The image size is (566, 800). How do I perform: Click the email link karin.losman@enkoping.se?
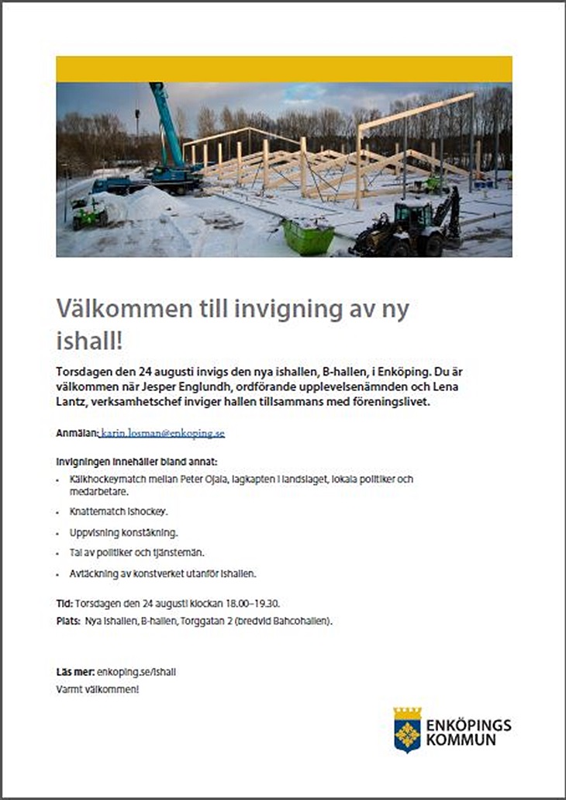pyautogui.click(x=163, y=433)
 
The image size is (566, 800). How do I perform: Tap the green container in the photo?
pyautogui.click(x=309, y=237)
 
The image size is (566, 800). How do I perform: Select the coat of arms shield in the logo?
pyautogui.click(x=407, y=729)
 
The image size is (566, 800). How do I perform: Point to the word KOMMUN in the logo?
pyautogui.click(x=461, y=740)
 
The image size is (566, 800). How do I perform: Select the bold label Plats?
pyautogui.click(x=68, y=621)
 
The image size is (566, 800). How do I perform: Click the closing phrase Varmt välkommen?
pyautogui.click(x=98, y=689)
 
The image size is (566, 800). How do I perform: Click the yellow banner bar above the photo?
pyautogui.click(x=284, y=69)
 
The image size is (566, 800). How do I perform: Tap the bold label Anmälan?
pyautogui.click(x=77, y=433)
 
